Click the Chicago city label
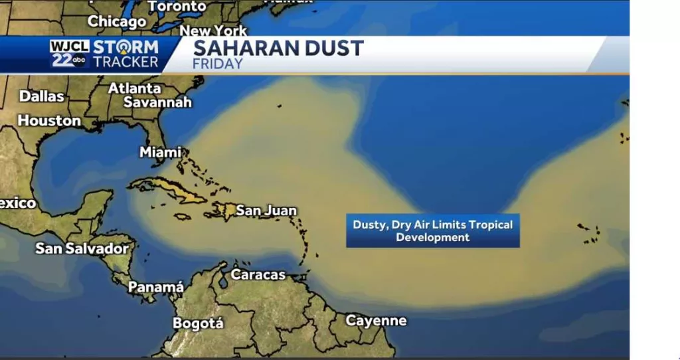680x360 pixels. point(117,21)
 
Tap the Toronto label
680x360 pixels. point(177,6)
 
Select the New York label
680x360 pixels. point(213,31)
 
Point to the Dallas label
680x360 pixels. point(41,96)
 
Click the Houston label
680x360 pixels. point(49,121)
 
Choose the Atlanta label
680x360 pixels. point(135,88)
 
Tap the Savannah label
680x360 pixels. point(157,102)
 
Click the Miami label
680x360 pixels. point(160,152)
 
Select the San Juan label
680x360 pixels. point(266,211)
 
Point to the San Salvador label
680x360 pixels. point(82,248)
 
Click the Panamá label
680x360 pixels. point(155,288)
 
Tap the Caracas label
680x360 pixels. point(258,274)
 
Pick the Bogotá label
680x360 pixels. point(199,323)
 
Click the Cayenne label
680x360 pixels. point(376,321)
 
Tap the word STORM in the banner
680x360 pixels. point(126,47)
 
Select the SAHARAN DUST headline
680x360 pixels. point(278,48)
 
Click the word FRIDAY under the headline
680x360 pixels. point(217,64)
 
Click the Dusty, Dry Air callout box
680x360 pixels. point(432,230)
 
